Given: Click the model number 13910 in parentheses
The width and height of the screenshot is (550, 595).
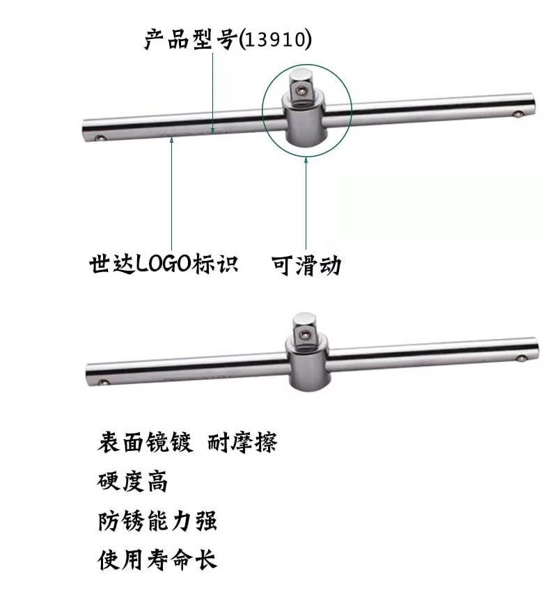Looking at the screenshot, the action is coord(275,40).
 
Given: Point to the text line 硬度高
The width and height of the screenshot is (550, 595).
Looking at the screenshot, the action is coord(132,480).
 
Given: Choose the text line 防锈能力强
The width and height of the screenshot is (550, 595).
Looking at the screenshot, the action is coord(157,520).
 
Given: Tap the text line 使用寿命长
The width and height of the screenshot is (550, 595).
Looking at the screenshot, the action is coord(157,559).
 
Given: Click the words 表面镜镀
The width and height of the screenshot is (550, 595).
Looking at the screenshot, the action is coord(144,442).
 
